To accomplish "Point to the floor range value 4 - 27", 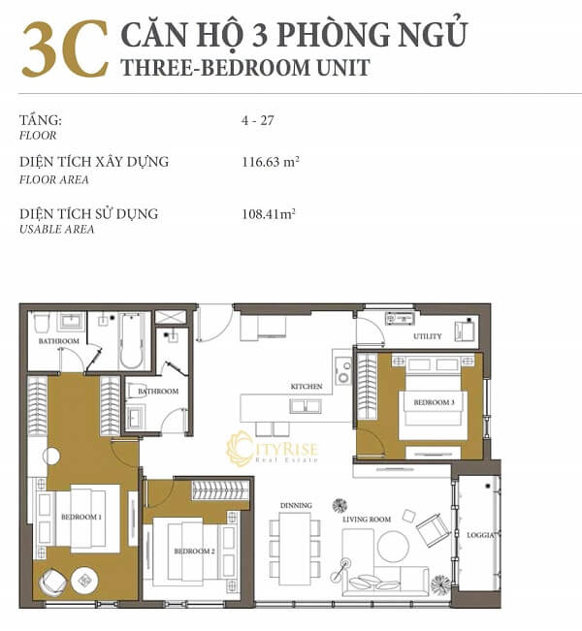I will (257, 121).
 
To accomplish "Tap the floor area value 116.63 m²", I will (270, 162).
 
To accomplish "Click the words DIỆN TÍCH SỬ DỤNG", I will (88, 214).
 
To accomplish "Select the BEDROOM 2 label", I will (194, 552).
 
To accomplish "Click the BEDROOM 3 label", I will (434, 402).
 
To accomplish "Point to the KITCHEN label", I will (307, 387).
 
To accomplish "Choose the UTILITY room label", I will (428, 336).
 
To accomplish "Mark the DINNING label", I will (296, 505).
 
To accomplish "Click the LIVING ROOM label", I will (367, 520).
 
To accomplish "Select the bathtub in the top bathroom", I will (130, 340).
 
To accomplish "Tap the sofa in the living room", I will (388, 580).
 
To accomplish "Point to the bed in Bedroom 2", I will (184, 552).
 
